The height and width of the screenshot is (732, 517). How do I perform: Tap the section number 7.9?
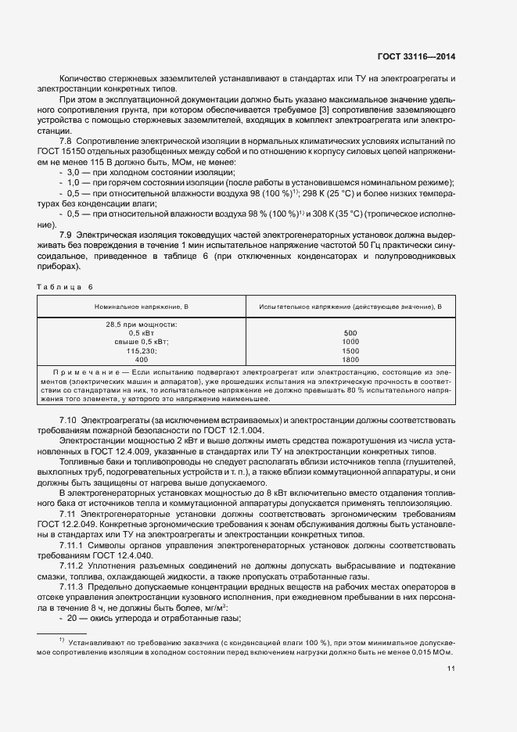(66, 235)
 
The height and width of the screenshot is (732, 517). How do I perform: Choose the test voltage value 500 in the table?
(350, 333)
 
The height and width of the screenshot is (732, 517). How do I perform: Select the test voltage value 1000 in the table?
(350, 342)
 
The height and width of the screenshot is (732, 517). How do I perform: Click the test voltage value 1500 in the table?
(350, 351)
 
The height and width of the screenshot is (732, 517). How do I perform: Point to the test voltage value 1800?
(350, 360)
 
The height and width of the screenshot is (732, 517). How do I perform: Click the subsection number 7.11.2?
(74, 565)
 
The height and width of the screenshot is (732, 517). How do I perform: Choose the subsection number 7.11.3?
(74, 585)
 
